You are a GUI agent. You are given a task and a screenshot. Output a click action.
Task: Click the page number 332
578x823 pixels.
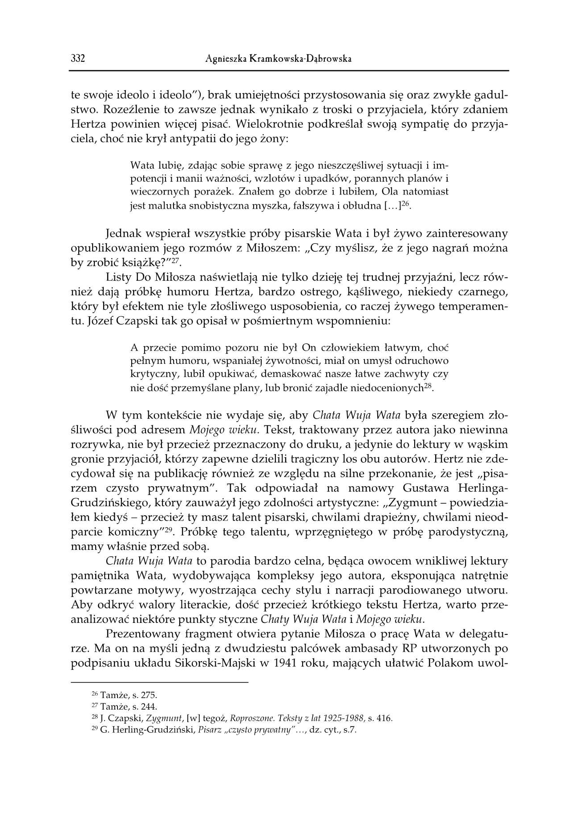pyautogui.click(x=78, y=59)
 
